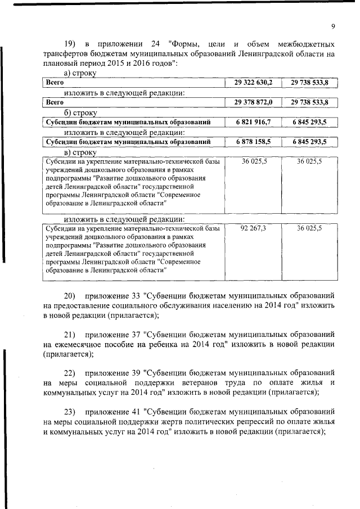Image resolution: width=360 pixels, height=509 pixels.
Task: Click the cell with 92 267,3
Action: (x=254, y=229)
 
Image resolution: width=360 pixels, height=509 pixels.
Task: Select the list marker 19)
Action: (x=70, y=44)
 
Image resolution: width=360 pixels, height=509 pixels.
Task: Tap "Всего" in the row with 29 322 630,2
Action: (x=55, y=83)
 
